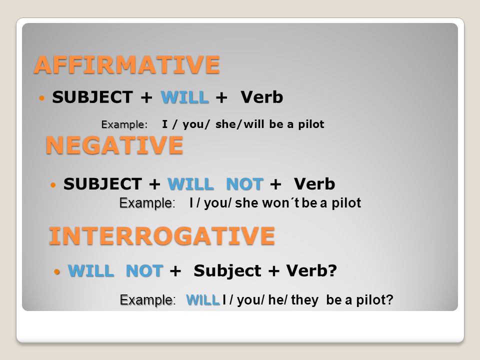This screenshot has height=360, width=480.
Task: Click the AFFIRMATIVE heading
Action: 126,64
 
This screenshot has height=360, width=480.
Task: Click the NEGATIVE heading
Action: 114,145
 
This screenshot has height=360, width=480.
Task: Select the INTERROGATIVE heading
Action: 161,235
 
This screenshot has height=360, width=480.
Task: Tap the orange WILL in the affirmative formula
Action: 185,98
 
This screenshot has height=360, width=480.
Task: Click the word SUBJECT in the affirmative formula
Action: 94,98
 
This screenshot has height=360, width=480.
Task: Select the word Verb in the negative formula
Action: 315,185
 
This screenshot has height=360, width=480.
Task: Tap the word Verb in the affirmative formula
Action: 262,98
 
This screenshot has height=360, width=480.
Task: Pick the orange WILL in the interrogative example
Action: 203,300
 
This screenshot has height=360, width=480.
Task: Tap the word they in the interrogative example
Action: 310,300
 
